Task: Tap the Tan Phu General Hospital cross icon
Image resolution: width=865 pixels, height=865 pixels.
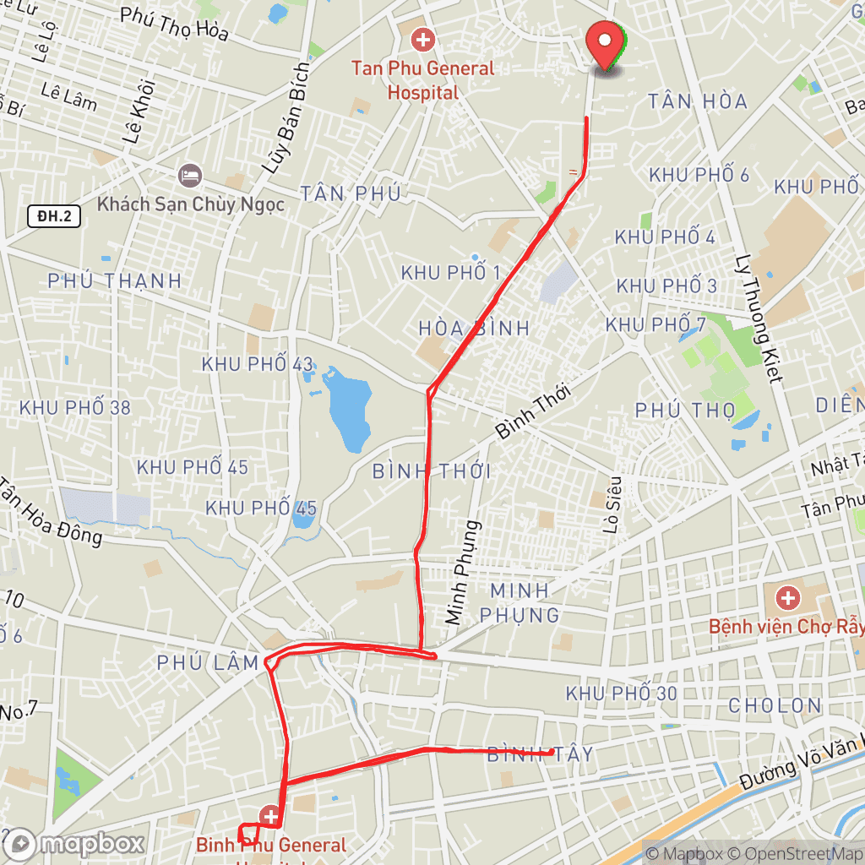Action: pyautogui.click(x=422, y=39)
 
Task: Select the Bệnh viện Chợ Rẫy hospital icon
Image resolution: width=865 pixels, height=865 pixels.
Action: pyautogui.click(x=788, y=599)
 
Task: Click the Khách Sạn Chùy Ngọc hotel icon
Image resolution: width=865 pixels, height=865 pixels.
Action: pyautogui.click(x=190, y=177)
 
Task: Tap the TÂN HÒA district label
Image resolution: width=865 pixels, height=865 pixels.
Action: pyautogui.click(x=698, y=102)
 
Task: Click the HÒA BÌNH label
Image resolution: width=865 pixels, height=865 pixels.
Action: pyautogui.click(x=474, y=328)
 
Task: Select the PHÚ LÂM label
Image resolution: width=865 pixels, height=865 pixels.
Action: pyautogui.click(x=208, y=664)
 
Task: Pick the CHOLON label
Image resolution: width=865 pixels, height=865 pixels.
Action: pyautogui.click(x=775, y=705)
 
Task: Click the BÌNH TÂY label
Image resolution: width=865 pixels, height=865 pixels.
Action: pyautogui.click(x=540, y=754)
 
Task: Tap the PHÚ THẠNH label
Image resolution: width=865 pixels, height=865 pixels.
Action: pyautogui.click(x=115, y=281)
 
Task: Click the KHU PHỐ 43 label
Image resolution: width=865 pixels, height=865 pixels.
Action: pyautogui.click(x=258, y=364)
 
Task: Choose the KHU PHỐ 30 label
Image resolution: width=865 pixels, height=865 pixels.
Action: pyautogui.click(x=622, y=694)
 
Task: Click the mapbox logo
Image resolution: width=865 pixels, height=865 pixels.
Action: pyautogui.click(x=73, y=843)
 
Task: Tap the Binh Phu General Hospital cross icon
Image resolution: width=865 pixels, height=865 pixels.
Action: pyautogui.click(x=270, y=816)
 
